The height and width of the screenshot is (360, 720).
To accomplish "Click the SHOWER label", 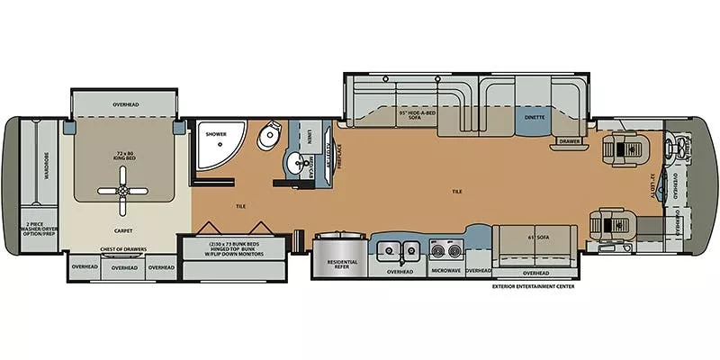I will click(215, 134).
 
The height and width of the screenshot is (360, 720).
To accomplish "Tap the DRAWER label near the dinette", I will click(567, 141).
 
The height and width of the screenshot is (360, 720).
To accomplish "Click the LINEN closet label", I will click(309, 134).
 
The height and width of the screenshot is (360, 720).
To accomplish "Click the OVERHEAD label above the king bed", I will click(126, 105).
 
